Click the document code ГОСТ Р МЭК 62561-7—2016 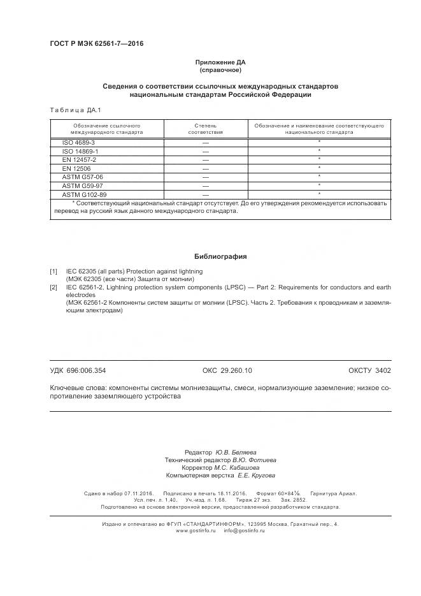pos(96,44)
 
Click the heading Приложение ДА pos(220,62)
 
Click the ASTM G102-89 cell pos(84,194)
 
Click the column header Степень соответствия pos(205,129)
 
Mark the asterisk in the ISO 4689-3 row pos(318,142)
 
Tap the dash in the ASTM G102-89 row pos(205,194)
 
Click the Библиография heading pos(220,256)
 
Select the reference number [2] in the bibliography pos(54,287)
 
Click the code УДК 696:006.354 pos(78,370)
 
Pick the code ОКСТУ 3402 pos(369,370)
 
